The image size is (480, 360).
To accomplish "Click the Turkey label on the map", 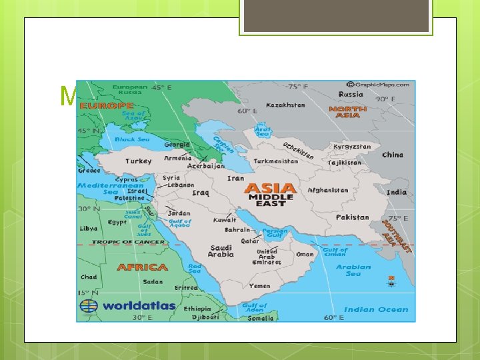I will coord(139,161).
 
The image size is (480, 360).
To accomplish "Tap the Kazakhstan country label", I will coord(285,105).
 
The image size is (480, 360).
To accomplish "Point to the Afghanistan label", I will coord(327,190).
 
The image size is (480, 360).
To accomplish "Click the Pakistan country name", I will coord(352,217).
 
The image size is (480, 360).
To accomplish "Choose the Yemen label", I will coord(259,285).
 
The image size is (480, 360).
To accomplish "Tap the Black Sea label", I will coord(132,139).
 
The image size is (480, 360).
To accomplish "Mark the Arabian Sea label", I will coord(353,270).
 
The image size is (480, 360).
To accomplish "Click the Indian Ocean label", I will coord(376,309).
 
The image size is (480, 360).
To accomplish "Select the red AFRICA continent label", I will coord(143,267).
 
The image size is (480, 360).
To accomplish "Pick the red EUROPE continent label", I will coord(107,105).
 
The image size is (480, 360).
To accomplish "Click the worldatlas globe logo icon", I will coord(89,306).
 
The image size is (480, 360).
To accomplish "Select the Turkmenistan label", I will coord(275,161).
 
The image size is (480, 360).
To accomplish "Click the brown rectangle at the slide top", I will coord(336,16).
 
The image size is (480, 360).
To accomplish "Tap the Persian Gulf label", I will coord(275,233).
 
